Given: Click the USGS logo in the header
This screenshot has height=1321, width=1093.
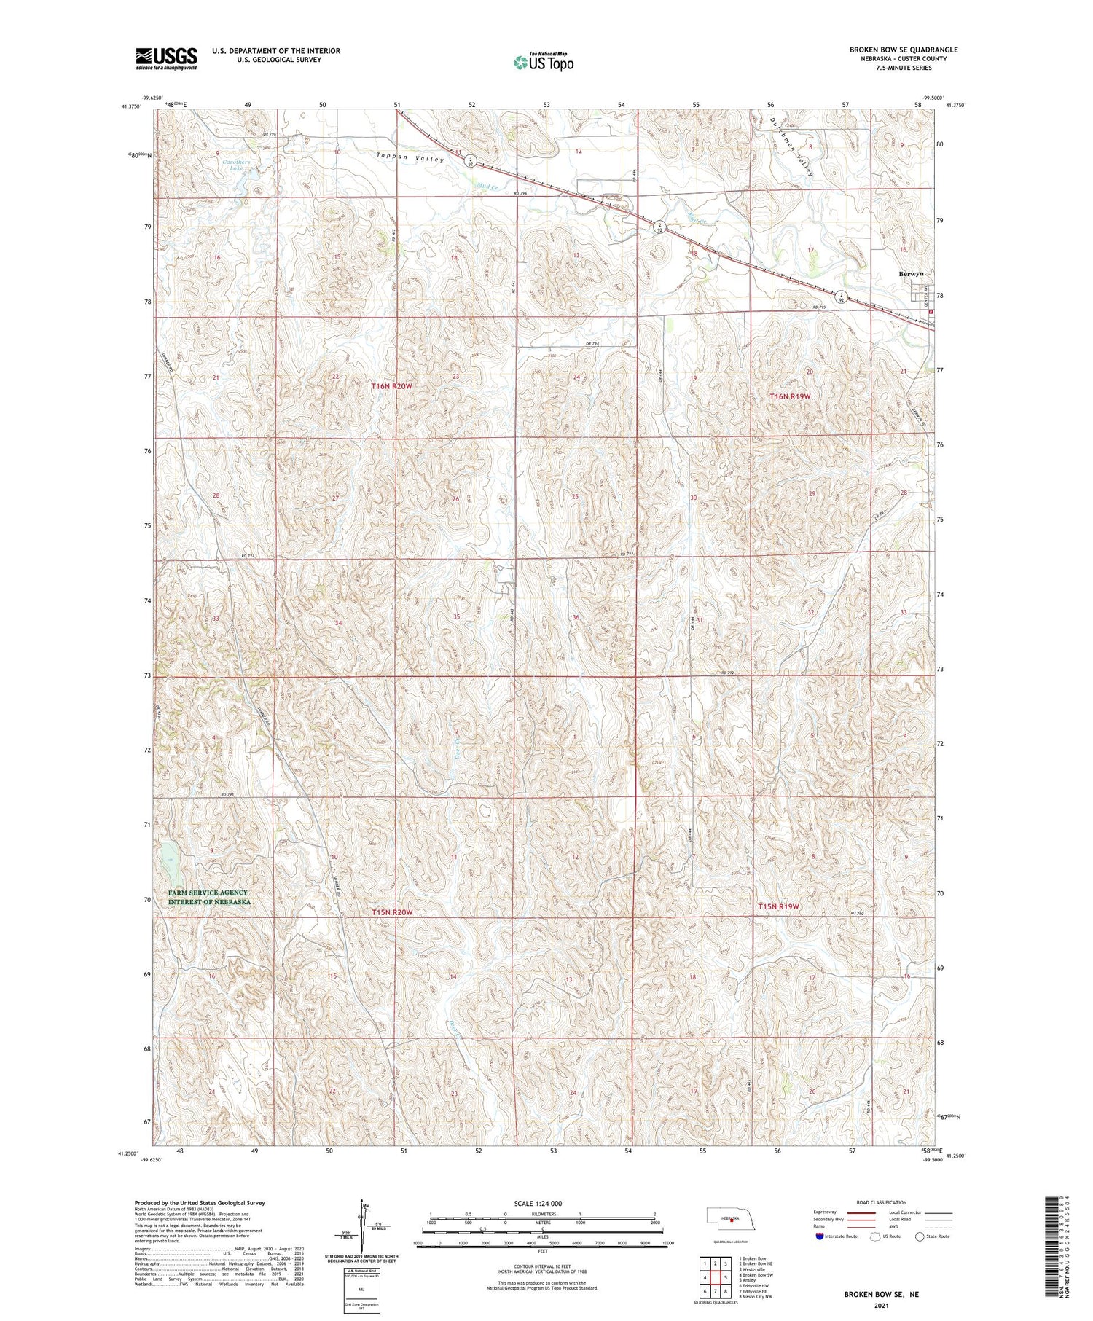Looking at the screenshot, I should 166,58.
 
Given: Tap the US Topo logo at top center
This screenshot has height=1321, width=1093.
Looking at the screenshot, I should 544,62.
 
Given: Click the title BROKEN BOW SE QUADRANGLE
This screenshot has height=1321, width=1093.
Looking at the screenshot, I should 903,50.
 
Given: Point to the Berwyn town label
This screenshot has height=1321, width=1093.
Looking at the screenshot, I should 911,273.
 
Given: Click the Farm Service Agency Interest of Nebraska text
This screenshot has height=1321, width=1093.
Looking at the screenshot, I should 208,897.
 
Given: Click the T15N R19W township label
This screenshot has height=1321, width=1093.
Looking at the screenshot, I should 779,906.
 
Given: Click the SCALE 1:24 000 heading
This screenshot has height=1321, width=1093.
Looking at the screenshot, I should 538,1203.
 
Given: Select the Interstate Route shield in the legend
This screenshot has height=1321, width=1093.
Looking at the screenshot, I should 820,1236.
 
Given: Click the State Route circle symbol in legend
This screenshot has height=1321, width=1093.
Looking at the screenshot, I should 920,1236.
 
